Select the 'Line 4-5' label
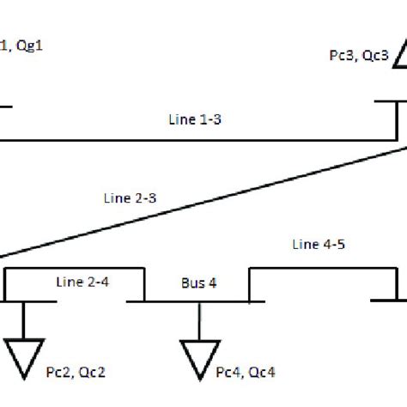(312, 246)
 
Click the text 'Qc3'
(375, 56)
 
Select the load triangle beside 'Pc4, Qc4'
(197, 359)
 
